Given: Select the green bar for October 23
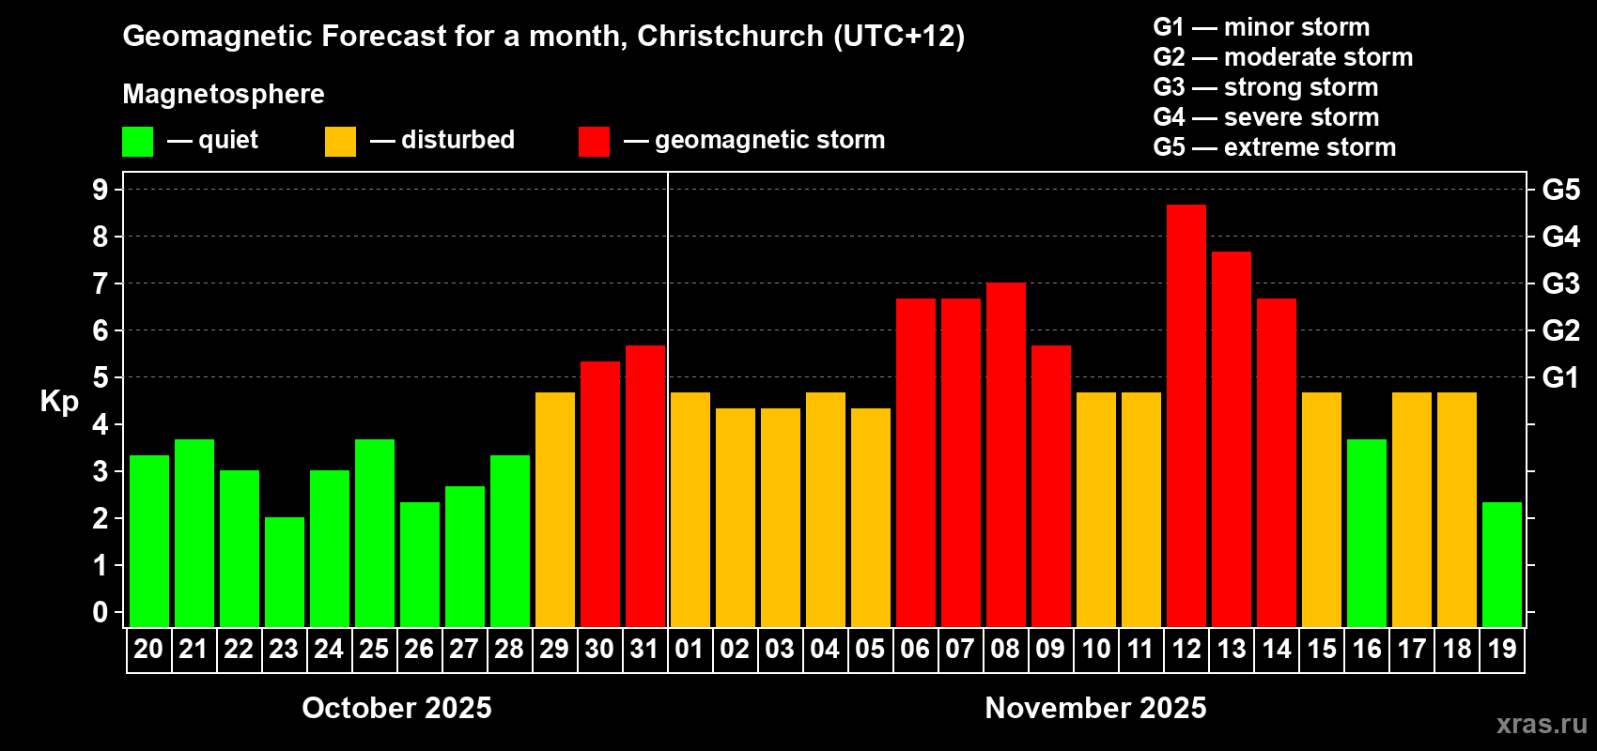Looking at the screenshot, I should [x=285, y=572].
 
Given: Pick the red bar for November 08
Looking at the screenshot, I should [x=1006, y=454].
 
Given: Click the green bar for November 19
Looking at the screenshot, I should [x=1502, y=564].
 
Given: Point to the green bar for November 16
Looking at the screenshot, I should [x=1367, y=532].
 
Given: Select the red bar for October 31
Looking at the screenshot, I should [x=645, y=485].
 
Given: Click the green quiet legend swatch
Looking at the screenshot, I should [x=137, y=142].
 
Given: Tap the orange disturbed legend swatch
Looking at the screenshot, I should [x=340, y=142].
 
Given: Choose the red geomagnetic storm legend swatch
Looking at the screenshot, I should [x=594, y=142].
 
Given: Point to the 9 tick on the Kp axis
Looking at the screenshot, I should [x=101, y=190].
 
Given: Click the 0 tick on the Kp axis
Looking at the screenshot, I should [x=101, y=613].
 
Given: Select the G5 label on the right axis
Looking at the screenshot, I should [x=1560, y=190].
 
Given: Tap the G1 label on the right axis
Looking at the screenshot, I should [x=1560, y=377].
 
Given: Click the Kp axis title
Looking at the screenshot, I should [x=59, y=402].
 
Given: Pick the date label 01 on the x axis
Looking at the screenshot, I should [x=689, y=649].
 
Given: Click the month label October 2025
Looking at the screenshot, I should [x=396, y=708].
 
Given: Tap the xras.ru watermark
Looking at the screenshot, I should [x=1542, y=724].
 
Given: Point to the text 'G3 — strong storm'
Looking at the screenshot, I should [x=1265, y=87].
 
